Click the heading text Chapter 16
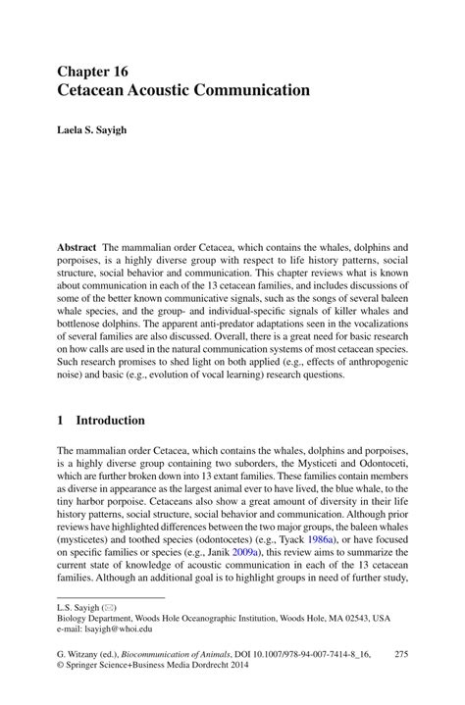tap(93, 72)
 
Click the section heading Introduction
tap(111, 420)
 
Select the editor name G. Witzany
tap(81, 652)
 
